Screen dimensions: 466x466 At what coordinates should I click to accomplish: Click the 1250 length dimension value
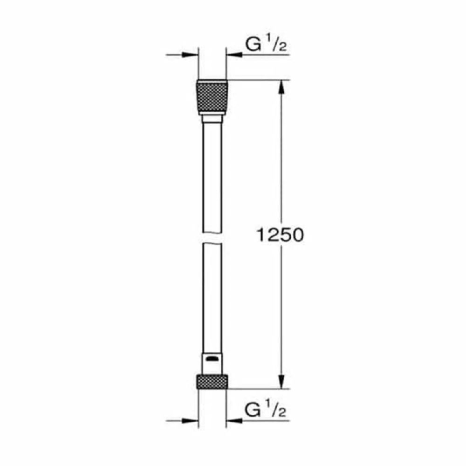pos(280,235)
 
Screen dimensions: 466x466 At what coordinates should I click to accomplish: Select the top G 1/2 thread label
pos(266,45)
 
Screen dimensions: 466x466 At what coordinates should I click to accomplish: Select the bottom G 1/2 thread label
pos(266,411)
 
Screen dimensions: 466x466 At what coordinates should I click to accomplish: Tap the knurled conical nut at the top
pos(212,97)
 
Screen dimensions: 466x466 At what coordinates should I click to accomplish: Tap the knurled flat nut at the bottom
pos(212,382)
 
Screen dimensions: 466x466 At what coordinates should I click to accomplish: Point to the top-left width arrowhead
pos(190,55)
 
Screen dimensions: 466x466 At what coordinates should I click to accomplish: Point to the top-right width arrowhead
pos(234,55)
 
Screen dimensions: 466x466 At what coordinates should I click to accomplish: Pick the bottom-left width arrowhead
pos(190,420)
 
